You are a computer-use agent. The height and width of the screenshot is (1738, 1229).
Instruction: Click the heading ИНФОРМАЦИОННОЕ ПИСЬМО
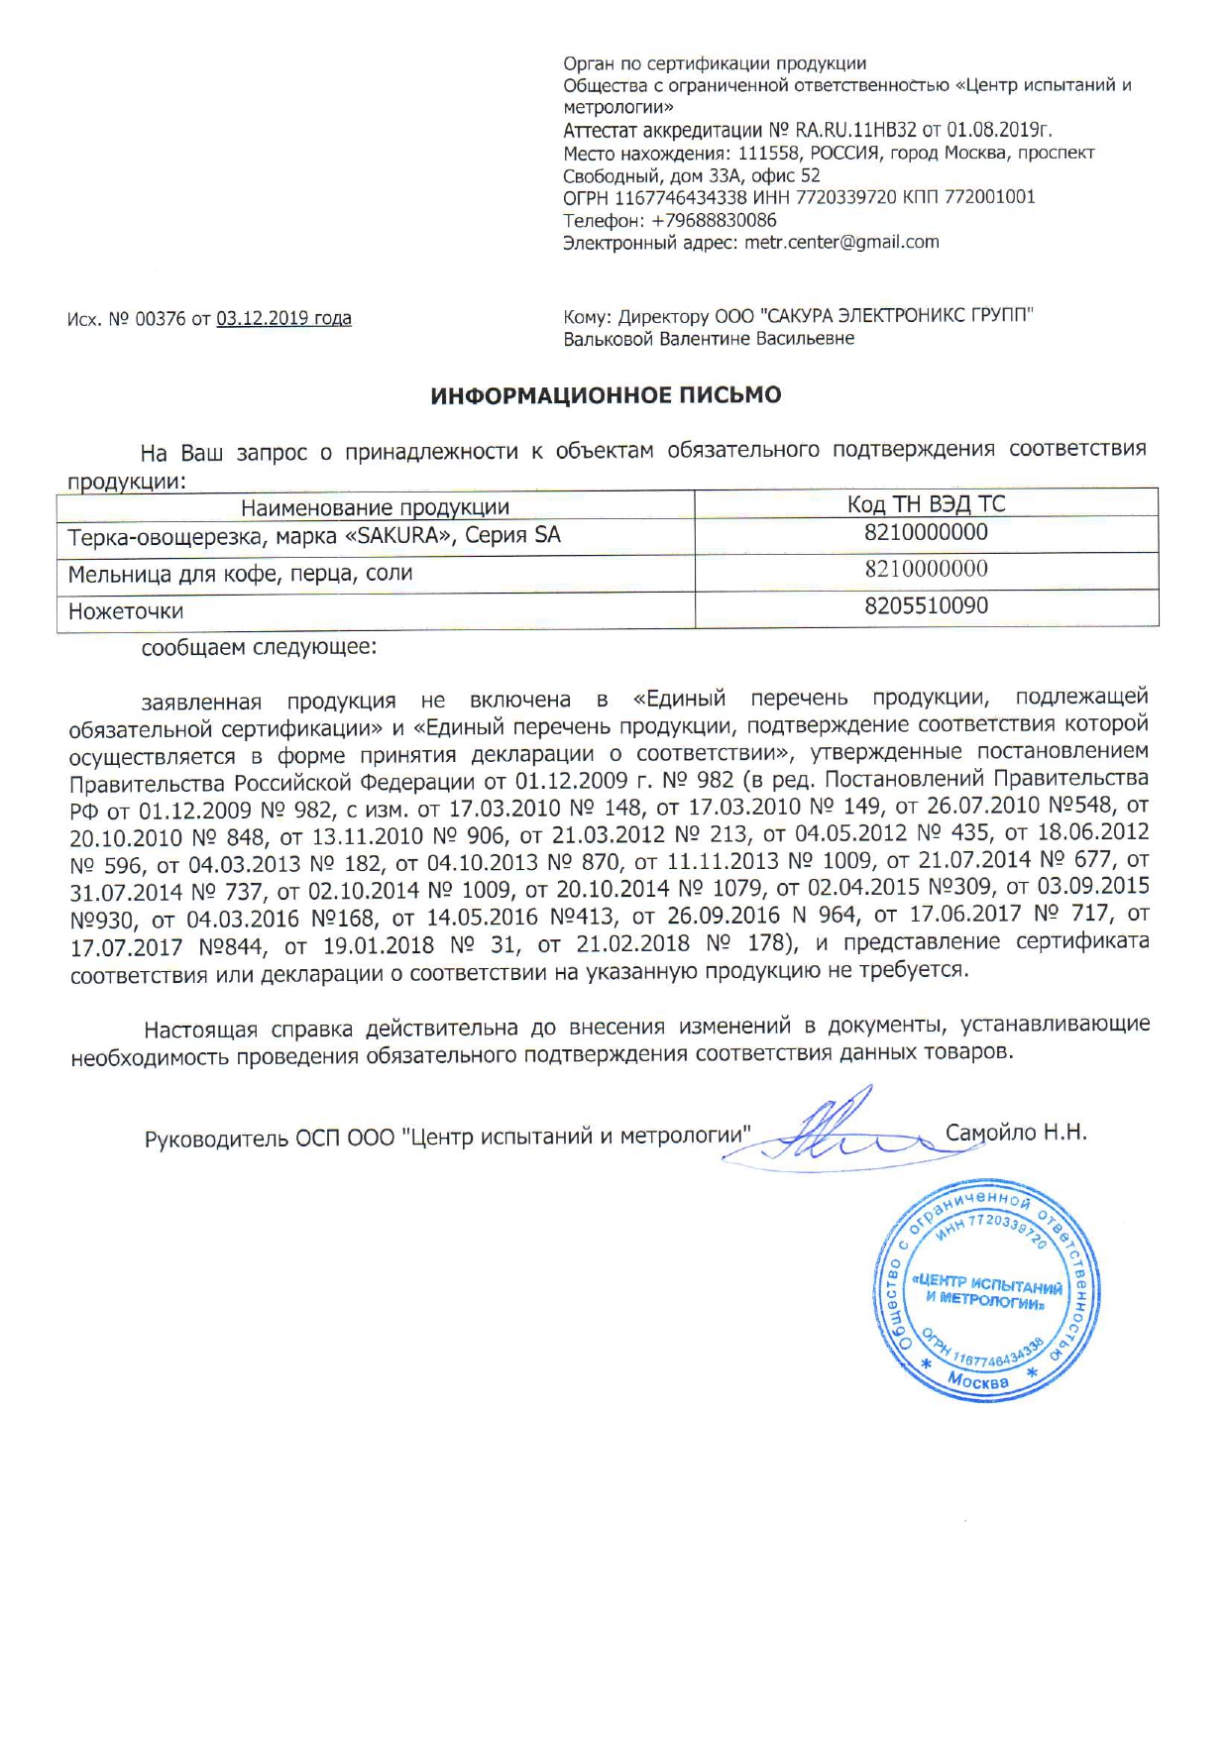coord(606,395)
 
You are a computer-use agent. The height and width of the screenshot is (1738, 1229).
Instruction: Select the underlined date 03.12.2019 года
coord(283,318)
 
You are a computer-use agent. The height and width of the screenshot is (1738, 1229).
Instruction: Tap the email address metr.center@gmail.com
coord(841,242)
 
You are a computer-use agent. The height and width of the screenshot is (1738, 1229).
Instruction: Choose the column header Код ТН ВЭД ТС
coord(926,503)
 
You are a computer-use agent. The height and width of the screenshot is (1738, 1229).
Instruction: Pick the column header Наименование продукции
coord(375,507)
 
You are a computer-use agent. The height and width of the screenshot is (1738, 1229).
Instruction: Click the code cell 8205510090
coord(926,605)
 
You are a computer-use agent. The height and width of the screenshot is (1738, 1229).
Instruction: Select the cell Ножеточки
coord(126,611)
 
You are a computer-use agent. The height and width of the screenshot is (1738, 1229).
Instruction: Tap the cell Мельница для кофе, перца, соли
coord(240,574)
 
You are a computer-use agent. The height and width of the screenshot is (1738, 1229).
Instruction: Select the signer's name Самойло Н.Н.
coord(1016,1132)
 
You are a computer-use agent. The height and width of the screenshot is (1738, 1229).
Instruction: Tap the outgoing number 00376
coord(160,319)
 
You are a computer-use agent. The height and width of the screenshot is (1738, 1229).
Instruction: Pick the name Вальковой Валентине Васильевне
coord(709,339)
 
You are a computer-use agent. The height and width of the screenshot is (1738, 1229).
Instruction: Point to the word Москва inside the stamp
coord(977,1380)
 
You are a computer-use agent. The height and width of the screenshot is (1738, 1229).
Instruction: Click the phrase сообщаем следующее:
coord(259,648)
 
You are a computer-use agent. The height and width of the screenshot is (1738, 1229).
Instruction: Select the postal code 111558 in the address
coord(769,153)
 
